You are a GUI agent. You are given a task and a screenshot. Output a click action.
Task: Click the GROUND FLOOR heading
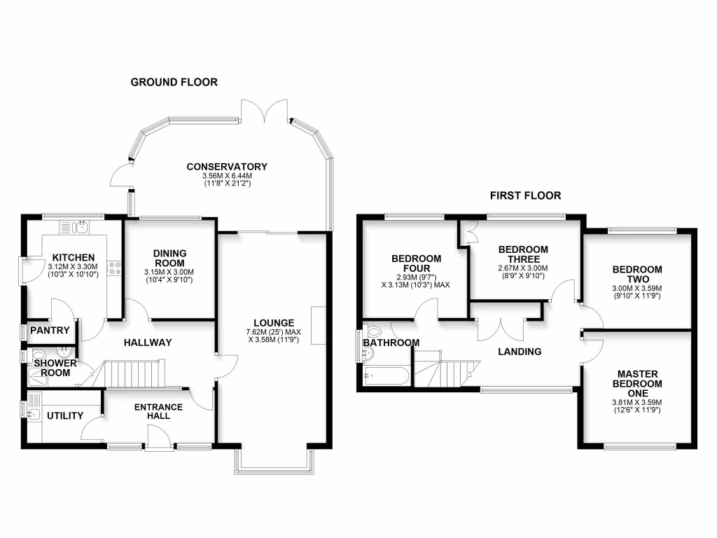tap(174, 82)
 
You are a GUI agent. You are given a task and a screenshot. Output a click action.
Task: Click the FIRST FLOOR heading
tap(526, 195)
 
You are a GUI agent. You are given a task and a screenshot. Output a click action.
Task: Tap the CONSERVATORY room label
tap(227, 167)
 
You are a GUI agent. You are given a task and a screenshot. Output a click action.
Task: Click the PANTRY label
tap(50, 331)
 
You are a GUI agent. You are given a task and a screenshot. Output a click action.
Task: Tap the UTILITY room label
tap(65, 415)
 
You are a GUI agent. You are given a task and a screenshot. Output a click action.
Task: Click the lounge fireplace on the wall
tap(319, 326)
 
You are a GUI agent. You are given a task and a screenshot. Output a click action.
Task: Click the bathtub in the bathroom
tap(384, 376)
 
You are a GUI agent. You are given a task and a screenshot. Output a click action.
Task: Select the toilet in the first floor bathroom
tap(373, 331)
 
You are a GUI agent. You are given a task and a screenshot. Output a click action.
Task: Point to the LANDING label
tap(520, 351)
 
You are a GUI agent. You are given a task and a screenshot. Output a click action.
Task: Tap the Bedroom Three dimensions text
tap(523, 272)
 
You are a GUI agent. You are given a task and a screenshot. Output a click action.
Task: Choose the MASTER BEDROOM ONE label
tap(637, 384)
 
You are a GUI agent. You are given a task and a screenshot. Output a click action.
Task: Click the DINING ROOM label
tap(169, 258)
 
